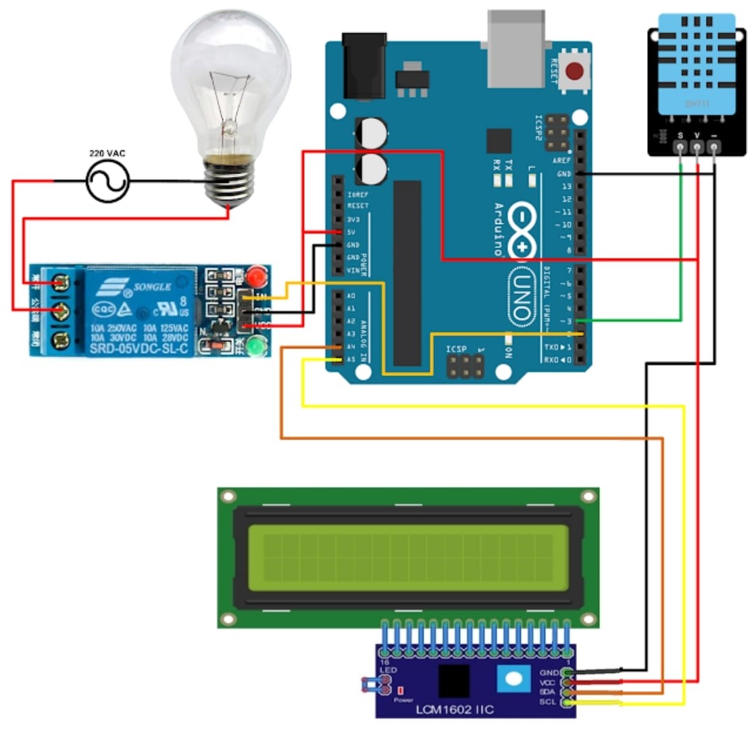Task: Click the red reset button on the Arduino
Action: pyautogui.click(x=575, y=71)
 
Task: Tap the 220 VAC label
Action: pyautogui.click(x=107, y=153)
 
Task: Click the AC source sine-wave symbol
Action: pyautogui.click(x=107, y=181)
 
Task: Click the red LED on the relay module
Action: pyautogui.click(x=254, y=277)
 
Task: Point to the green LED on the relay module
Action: pyautogui.click(x=255, y=348)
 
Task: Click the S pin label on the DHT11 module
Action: pyautogui.click(x=680, y=137)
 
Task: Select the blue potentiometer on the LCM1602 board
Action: pyautogui.click(x=511, y=679)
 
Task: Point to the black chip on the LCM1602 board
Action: pyautogui.click(x=454, y=680)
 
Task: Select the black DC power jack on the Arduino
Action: pyautogui.click(x=364, y=66)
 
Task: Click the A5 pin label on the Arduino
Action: pyautogui.click(x=351, y=360)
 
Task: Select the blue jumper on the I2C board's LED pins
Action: pyautogui.click(x=369, y=686)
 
